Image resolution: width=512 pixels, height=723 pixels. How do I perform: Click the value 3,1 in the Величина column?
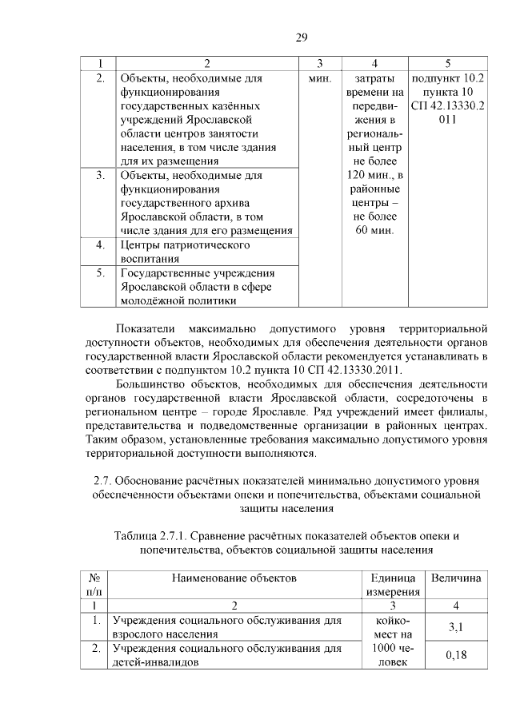pyautogui.click(x=456, y=627)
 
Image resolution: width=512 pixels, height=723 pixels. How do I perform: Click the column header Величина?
pyautogui.click(x=456, y=577)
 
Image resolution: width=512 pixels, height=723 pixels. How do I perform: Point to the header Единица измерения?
pyautogui.click(x=393, y=584)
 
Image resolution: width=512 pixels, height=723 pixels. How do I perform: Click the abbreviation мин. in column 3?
pyautogui.click(x=319, y=79)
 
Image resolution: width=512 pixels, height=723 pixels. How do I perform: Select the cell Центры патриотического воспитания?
pyautogui.click(x=185, y=251)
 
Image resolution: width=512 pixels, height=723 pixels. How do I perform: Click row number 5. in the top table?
pyautogui.click(x=101, y=272)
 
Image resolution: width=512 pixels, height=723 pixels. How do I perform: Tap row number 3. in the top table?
pyautogui.click(x=101, y=174)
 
